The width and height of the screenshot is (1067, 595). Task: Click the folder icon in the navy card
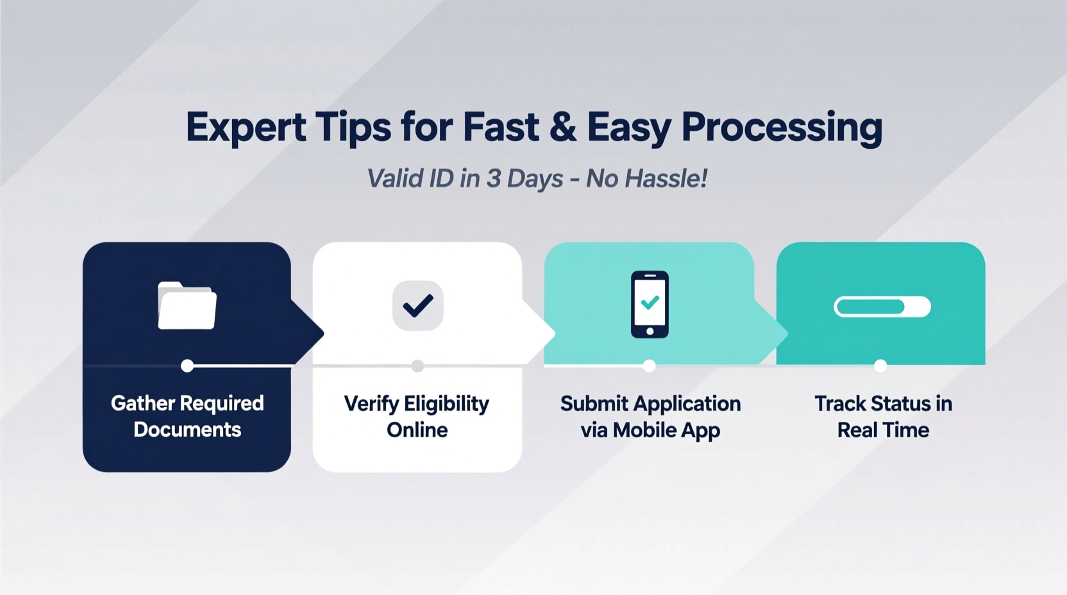coord(187,306)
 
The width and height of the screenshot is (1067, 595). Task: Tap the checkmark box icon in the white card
coord(418,306)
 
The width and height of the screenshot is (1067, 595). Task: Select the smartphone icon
coord(650,305)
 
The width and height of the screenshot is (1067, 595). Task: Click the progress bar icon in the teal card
coord(882,306)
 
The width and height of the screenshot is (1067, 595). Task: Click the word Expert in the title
coord(246,127)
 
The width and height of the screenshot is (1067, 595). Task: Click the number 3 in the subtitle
coord(492,178)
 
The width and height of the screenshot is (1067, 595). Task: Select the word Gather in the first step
coord(143,403)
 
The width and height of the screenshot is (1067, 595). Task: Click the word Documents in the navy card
coord(187,430)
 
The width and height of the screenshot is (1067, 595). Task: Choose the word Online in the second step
coord(417,430)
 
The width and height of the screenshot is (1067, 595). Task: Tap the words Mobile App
coord(666,430)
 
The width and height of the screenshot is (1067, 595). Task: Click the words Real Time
coord(883,430)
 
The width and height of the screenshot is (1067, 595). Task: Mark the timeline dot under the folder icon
coord(187,365)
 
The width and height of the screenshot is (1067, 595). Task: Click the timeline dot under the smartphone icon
coord(650,365)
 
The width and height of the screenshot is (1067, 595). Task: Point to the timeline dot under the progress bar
coord(880,365)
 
